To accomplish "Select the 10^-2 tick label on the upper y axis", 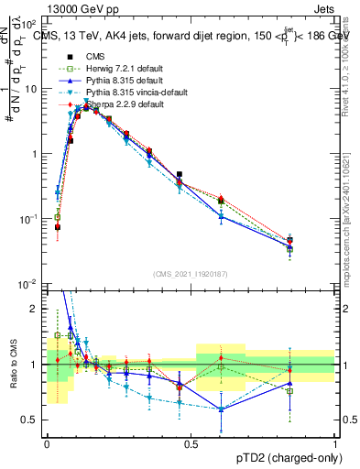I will tap(29, 285).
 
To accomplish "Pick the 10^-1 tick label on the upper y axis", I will tap(29, 220).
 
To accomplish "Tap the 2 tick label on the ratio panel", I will tap(36, 309).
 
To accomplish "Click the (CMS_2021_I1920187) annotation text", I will tap(191, 274).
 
